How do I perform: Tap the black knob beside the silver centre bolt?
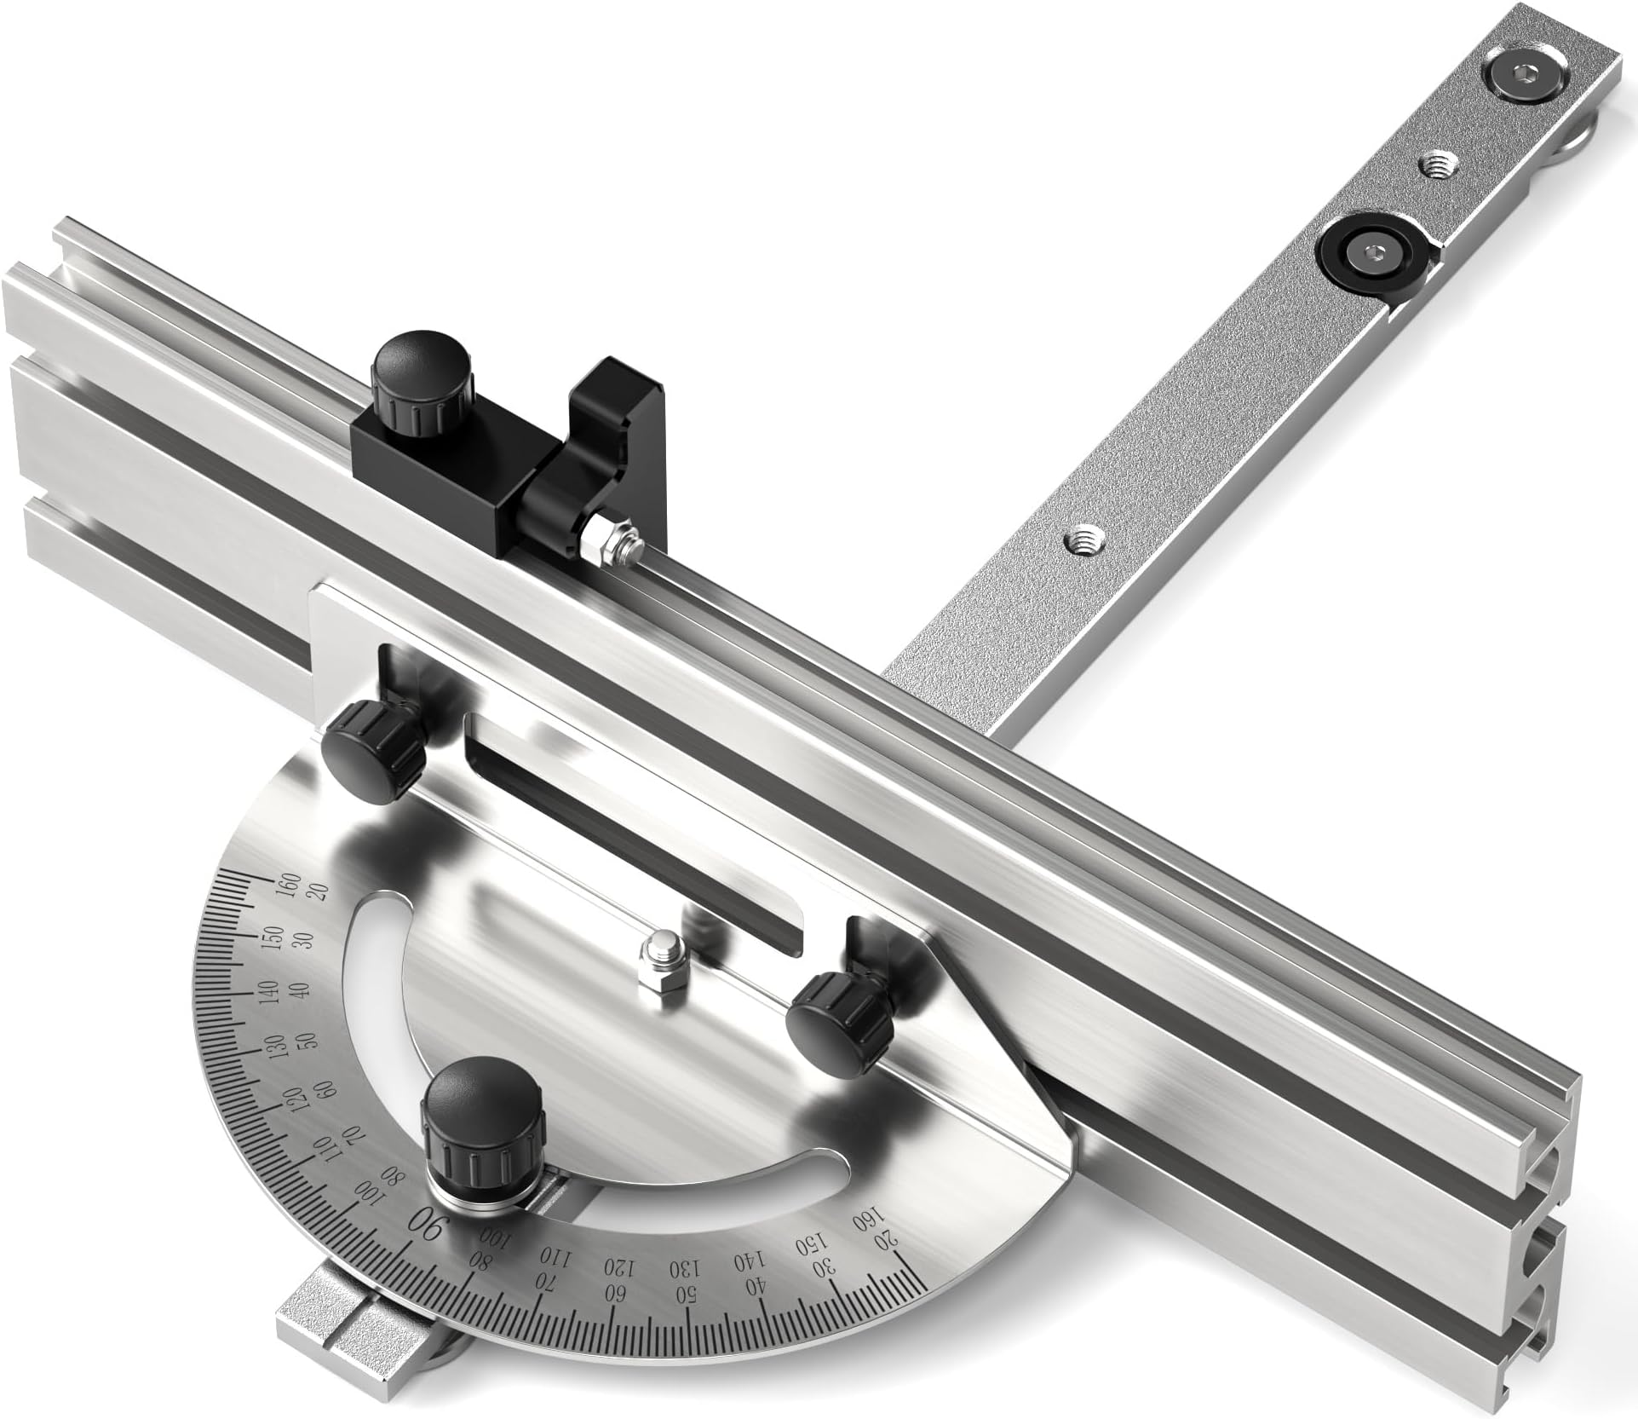coord(837,1014)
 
